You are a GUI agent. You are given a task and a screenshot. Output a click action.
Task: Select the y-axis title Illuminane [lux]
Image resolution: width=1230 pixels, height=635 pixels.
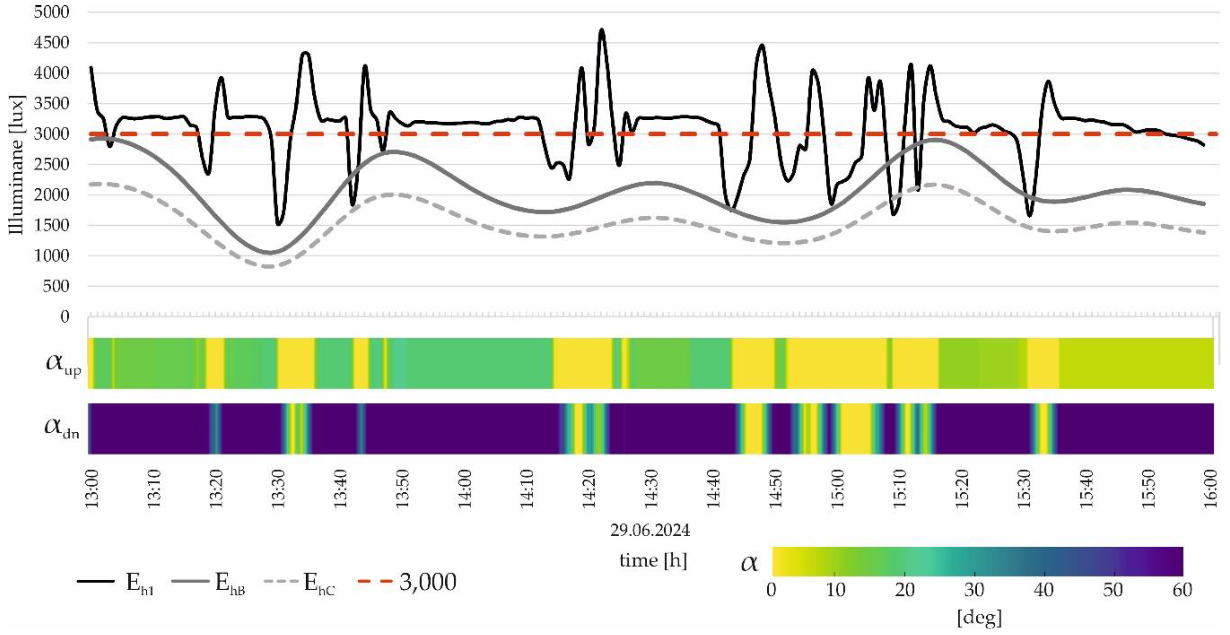[x=17, y=165]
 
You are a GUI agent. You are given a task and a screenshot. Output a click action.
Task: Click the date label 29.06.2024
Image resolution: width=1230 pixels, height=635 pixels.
[x=650, y=530]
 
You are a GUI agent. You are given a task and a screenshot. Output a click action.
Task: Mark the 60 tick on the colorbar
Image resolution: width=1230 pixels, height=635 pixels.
[x=1182, y=591]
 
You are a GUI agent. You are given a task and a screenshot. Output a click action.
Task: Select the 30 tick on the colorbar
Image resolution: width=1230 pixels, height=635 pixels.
[x=974, y=591]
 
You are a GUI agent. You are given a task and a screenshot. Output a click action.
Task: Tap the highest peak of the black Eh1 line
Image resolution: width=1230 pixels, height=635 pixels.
[x=602, y=30]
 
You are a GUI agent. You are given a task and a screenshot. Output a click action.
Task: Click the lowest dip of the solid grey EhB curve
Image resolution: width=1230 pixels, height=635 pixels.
[x=270, y=253]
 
